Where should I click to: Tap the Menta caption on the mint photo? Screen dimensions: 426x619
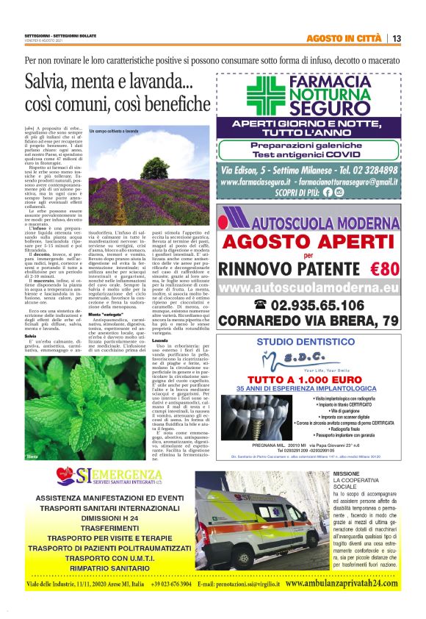tap(32, 457)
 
